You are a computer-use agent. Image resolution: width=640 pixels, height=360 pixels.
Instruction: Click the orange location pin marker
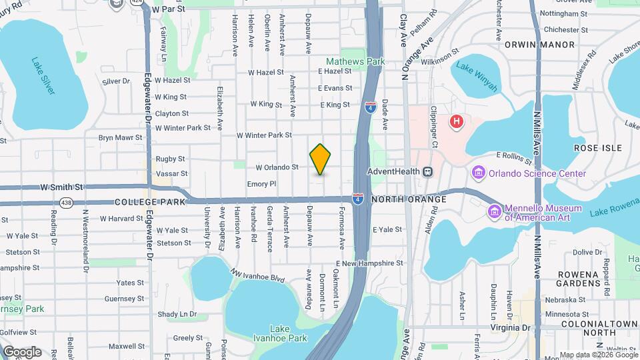(x=321, y=159)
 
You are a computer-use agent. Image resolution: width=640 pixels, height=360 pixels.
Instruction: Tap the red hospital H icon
(x=457, y=121)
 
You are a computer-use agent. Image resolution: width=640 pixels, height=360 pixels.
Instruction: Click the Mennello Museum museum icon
(x=495, y=211)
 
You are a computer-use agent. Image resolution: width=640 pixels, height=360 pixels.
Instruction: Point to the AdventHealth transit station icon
(x=428, y=171)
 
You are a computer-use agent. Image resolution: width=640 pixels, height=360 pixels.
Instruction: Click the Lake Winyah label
(x=476, y=76)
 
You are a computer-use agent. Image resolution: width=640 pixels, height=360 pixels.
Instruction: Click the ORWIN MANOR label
(x=549, y=45)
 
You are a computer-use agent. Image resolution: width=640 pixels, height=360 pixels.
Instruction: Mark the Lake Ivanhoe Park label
(x=289, y=333)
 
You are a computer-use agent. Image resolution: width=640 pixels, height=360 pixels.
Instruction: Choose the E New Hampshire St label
(x=370, y=263)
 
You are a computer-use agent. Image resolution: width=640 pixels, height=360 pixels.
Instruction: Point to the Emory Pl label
(x=261, y=183)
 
